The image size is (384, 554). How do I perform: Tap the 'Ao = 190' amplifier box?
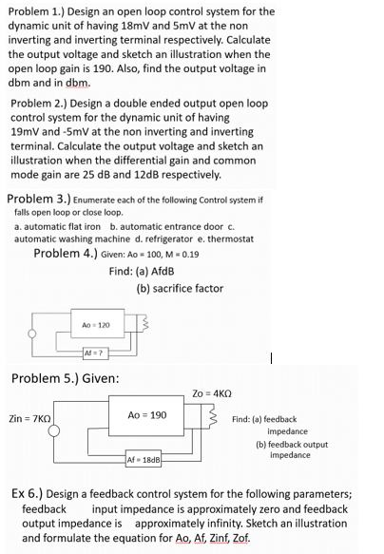click(146, 415)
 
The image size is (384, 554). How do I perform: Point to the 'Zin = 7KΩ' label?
click(29, 417)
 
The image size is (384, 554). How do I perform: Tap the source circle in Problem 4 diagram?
click(35, 335)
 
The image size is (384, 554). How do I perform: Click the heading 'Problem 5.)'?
click(49, 378)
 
